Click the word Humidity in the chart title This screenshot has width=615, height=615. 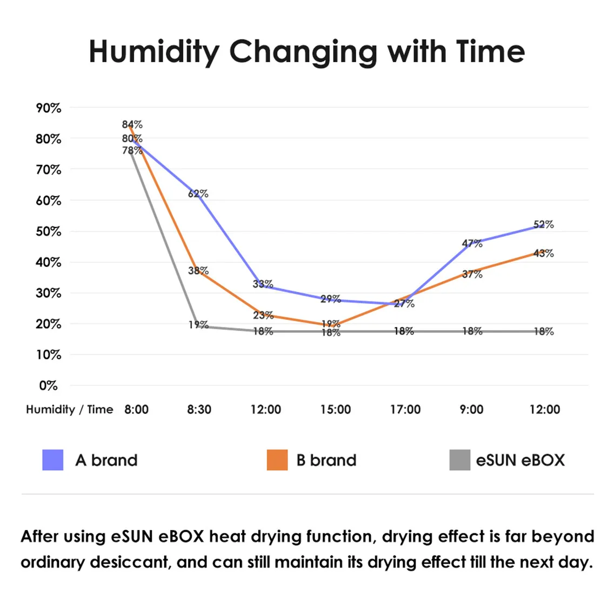(154, 52)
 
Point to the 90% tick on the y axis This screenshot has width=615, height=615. (49, 108)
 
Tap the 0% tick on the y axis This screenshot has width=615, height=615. (48, 386)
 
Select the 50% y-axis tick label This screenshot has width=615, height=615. (49, 231)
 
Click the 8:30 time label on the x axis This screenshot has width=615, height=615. (199, 410)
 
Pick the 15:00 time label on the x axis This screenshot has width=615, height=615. (335, 410)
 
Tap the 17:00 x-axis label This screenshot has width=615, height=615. (405, 410)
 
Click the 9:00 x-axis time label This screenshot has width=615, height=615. (471, 410)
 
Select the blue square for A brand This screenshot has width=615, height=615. (53, 460)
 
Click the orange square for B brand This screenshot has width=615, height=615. (277, 460)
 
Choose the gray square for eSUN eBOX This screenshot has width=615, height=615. (460, 460)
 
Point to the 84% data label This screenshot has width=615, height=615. (132, 125)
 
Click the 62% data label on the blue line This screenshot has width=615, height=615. (198, 193)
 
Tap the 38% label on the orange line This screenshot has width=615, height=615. (198, 270)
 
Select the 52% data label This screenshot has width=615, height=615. (543, 224)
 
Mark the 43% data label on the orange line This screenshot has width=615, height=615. (543, 253)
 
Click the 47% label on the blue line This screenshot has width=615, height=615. (472, 243)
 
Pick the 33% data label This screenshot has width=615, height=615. (263, 284)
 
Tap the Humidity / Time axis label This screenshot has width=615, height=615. (70, 410)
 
